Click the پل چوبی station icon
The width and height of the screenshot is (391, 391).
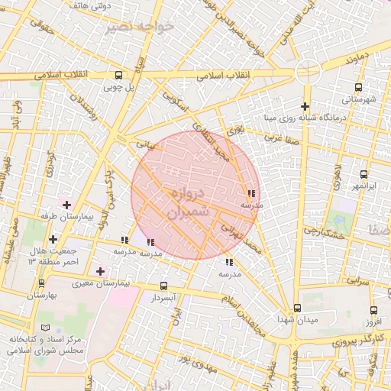(118, 75)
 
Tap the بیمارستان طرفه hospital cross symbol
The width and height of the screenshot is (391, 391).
(66, 205)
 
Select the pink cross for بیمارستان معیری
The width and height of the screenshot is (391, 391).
(100, 271)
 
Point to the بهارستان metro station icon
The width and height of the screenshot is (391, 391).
(40, 283)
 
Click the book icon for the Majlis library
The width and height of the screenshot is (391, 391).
(50, 326)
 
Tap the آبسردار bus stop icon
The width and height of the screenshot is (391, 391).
(163, 286)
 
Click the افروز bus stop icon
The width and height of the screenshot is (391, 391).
(373, 310)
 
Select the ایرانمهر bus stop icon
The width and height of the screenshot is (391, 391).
(364, 175)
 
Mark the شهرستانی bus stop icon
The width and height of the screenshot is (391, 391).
(364, 87)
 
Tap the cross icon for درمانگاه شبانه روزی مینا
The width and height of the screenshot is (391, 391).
(305, 106)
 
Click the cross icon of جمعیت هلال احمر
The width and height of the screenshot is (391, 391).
(52, 240)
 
